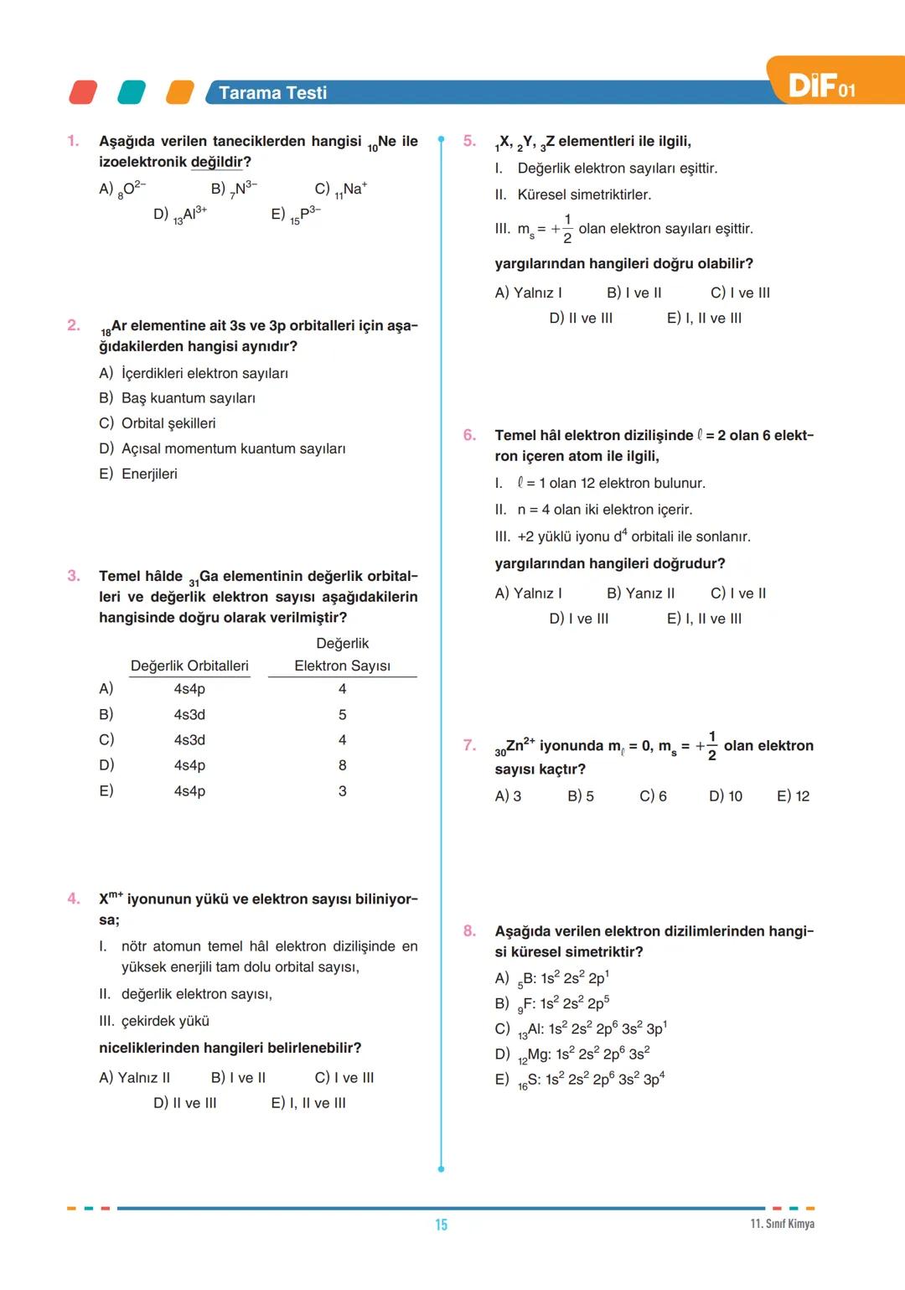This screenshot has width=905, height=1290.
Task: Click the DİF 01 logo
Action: pyautogui.click(x=822, y=85)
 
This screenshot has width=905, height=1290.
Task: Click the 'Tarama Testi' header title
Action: pyautogui.click(x=272, y=93)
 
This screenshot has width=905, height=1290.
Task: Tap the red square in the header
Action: pyautogui.click(x=83, y=92)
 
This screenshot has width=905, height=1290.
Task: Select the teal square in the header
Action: pyautogui.click(x=132, y=92)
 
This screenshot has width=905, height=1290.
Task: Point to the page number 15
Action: pyautogui.click(x=442, y=1225)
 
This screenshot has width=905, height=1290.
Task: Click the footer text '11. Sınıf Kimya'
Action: pyautogui.click(x=782, y=1224)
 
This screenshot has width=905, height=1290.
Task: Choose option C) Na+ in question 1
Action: pyautogui.click(x=341, y=189)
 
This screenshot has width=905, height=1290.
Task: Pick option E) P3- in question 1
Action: pyautogui.click(x=296, y=215)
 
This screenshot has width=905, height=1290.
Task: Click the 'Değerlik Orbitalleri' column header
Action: pyautogui.click(x=189, y=666)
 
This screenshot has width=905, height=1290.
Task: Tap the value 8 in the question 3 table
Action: pyautogui.click(x=342, y=765)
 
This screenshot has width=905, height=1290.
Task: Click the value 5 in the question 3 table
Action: pyautogui.click(x=342, y=715)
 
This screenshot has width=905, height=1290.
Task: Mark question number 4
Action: pyautogui.click(x=74, y=899)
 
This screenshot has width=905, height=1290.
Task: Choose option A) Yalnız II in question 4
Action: pyautogui.click(x=135, y=1078)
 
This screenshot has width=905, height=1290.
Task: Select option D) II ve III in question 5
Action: pyautogui.click(x=581, y=319)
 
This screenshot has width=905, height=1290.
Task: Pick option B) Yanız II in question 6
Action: pyautogui.click(x=640, y=593)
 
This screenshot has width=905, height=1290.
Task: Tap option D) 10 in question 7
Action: pyautogui.click(x=726, y=796)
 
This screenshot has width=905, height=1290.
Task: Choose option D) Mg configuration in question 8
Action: pyautogui.click(x=572, y=1054)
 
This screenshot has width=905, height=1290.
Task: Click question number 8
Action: pyautogui.click(x=469, y=931)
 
